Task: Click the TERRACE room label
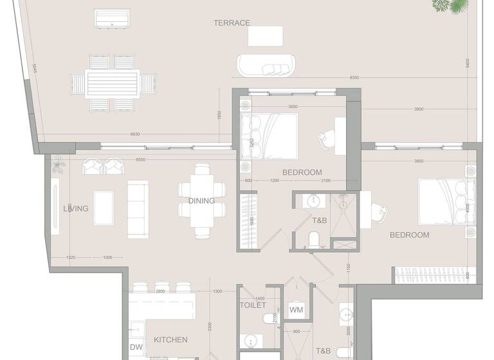[232, 23]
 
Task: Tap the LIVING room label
[75, 209]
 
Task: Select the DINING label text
[201, 201]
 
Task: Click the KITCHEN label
[170, 340]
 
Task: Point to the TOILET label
[253, 305]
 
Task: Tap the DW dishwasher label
[136, 347]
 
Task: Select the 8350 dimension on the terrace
[354, 78]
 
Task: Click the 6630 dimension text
[135, 134]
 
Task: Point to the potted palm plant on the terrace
[450, 5]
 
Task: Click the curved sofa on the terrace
[267, 65]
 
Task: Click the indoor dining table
[202, 201]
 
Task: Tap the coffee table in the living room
[103, 208]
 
